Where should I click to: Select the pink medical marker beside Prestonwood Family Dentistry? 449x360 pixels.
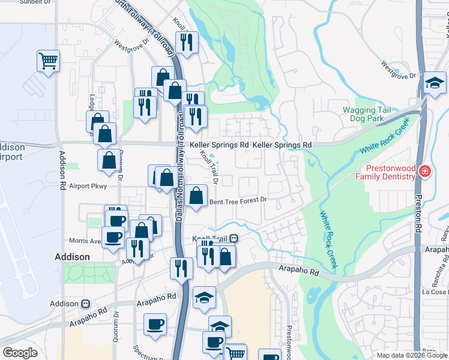pos(425,172)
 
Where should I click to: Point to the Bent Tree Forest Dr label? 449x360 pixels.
pos(237,202)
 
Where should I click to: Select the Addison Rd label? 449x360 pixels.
pos(62,175)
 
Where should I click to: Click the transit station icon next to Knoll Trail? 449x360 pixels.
pos(234,238)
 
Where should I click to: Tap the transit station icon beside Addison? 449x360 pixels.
pos(86,304)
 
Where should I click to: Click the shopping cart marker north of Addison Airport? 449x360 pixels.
pos(48,61)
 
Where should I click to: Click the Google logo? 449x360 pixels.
pos(20,353)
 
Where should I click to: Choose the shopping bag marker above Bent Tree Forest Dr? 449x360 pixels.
pos(196,195)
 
